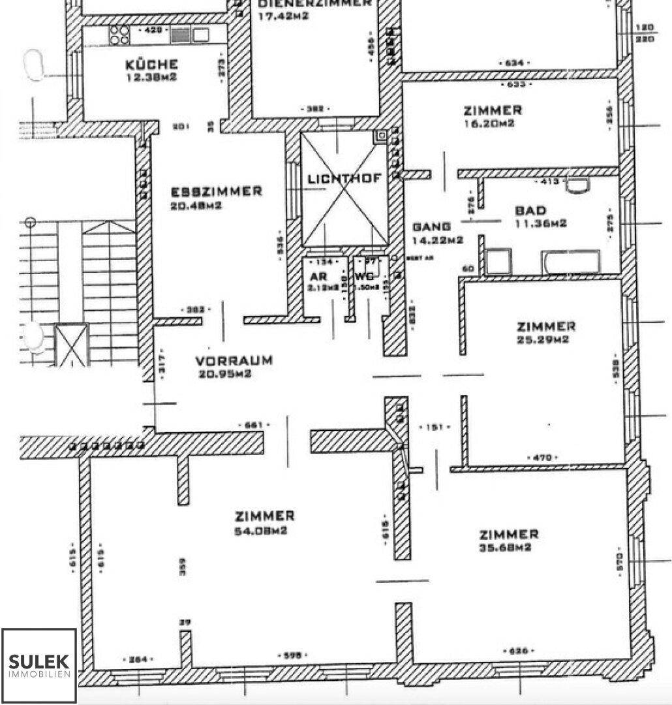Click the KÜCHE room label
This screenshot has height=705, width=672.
[151, 65]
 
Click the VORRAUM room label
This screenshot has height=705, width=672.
[234, 361]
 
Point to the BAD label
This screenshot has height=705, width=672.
[530, 211]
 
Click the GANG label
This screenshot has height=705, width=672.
[431, 227]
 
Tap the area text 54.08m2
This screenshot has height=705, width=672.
[261, 531]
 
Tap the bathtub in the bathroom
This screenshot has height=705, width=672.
[570, 262]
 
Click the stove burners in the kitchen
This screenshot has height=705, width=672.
[119, 35]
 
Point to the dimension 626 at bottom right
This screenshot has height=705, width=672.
[520, 651]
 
